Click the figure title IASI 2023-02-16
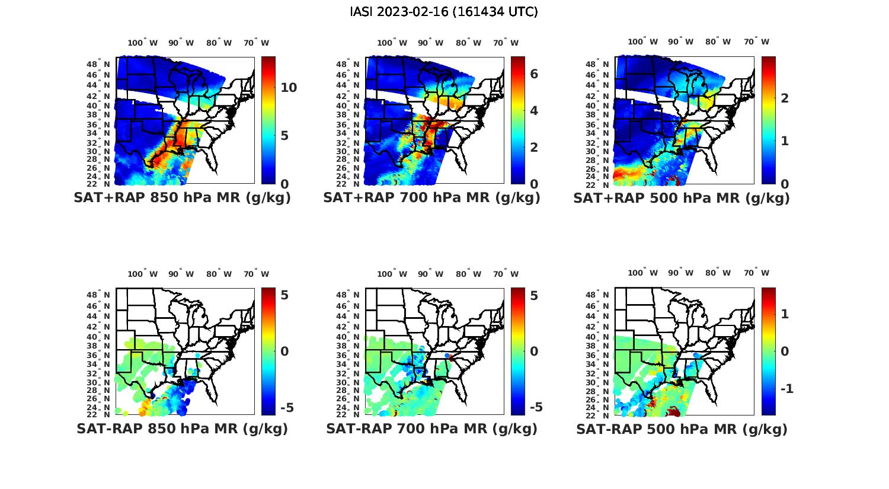click(444, 12)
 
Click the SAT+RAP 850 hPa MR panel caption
click(182, 198)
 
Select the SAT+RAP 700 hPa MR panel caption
click(431, 198)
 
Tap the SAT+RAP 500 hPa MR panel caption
click(682, 198)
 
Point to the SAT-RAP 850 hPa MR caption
click(182, 429)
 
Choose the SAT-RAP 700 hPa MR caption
click(431, 429)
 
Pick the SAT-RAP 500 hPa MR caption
click(682, 429)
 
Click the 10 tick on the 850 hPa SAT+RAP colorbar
click(289, 88)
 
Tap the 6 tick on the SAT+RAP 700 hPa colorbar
click(534, 74)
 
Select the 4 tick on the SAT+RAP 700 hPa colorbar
click(534, 111)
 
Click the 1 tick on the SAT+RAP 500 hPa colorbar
click(785, 141)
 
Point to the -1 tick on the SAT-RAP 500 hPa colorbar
click(785, 389)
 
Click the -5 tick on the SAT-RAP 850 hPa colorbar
click(286, 408)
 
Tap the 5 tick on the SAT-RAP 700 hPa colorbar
click(534, 295)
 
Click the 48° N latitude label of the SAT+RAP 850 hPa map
click(99, 64)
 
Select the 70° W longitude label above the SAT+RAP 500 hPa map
click(756, 41)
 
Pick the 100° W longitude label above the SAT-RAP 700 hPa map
click(392, 274)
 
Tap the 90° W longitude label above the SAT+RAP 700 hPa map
click(430, 43)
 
